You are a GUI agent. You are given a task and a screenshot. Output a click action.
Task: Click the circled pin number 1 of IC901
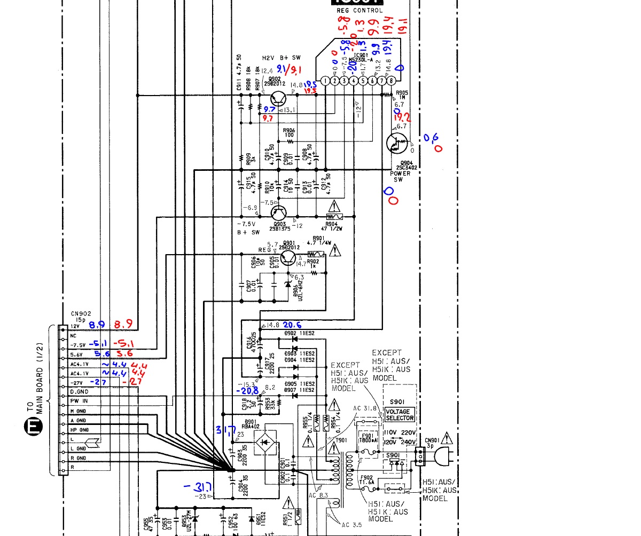tap(325, 81)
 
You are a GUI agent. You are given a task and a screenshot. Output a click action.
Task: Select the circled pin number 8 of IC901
tap(393, 81)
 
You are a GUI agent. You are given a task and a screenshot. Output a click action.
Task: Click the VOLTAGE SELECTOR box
tap(400, 415)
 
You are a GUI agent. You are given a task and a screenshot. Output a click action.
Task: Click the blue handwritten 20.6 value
tap(293, 325)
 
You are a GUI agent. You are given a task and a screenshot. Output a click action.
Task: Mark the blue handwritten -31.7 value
tap(197, 487)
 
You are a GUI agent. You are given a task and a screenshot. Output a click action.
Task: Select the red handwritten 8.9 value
tap(124, 324)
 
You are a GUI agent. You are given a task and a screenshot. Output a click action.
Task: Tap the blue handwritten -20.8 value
tap(247, 391)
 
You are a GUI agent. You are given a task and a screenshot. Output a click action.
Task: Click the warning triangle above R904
tap(334, 206)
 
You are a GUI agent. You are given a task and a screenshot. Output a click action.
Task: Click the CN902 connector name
tap(79, 314)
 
